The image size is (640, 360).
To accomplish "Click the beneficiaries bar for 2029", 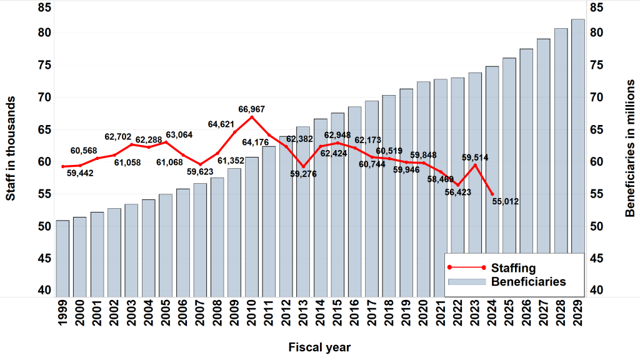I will point(578,156).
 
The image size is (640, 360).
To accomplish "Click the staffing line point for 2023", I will point(475,165).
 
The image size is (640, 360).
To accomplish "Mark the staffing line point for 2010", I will point(252,117).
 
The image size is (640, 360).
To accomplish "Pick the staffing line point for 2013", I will point(303,167).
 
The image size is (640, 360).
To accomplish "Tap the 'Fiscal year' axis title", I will point(319,347).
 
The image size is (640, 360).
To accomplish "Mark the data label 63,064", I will point(179,135).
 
